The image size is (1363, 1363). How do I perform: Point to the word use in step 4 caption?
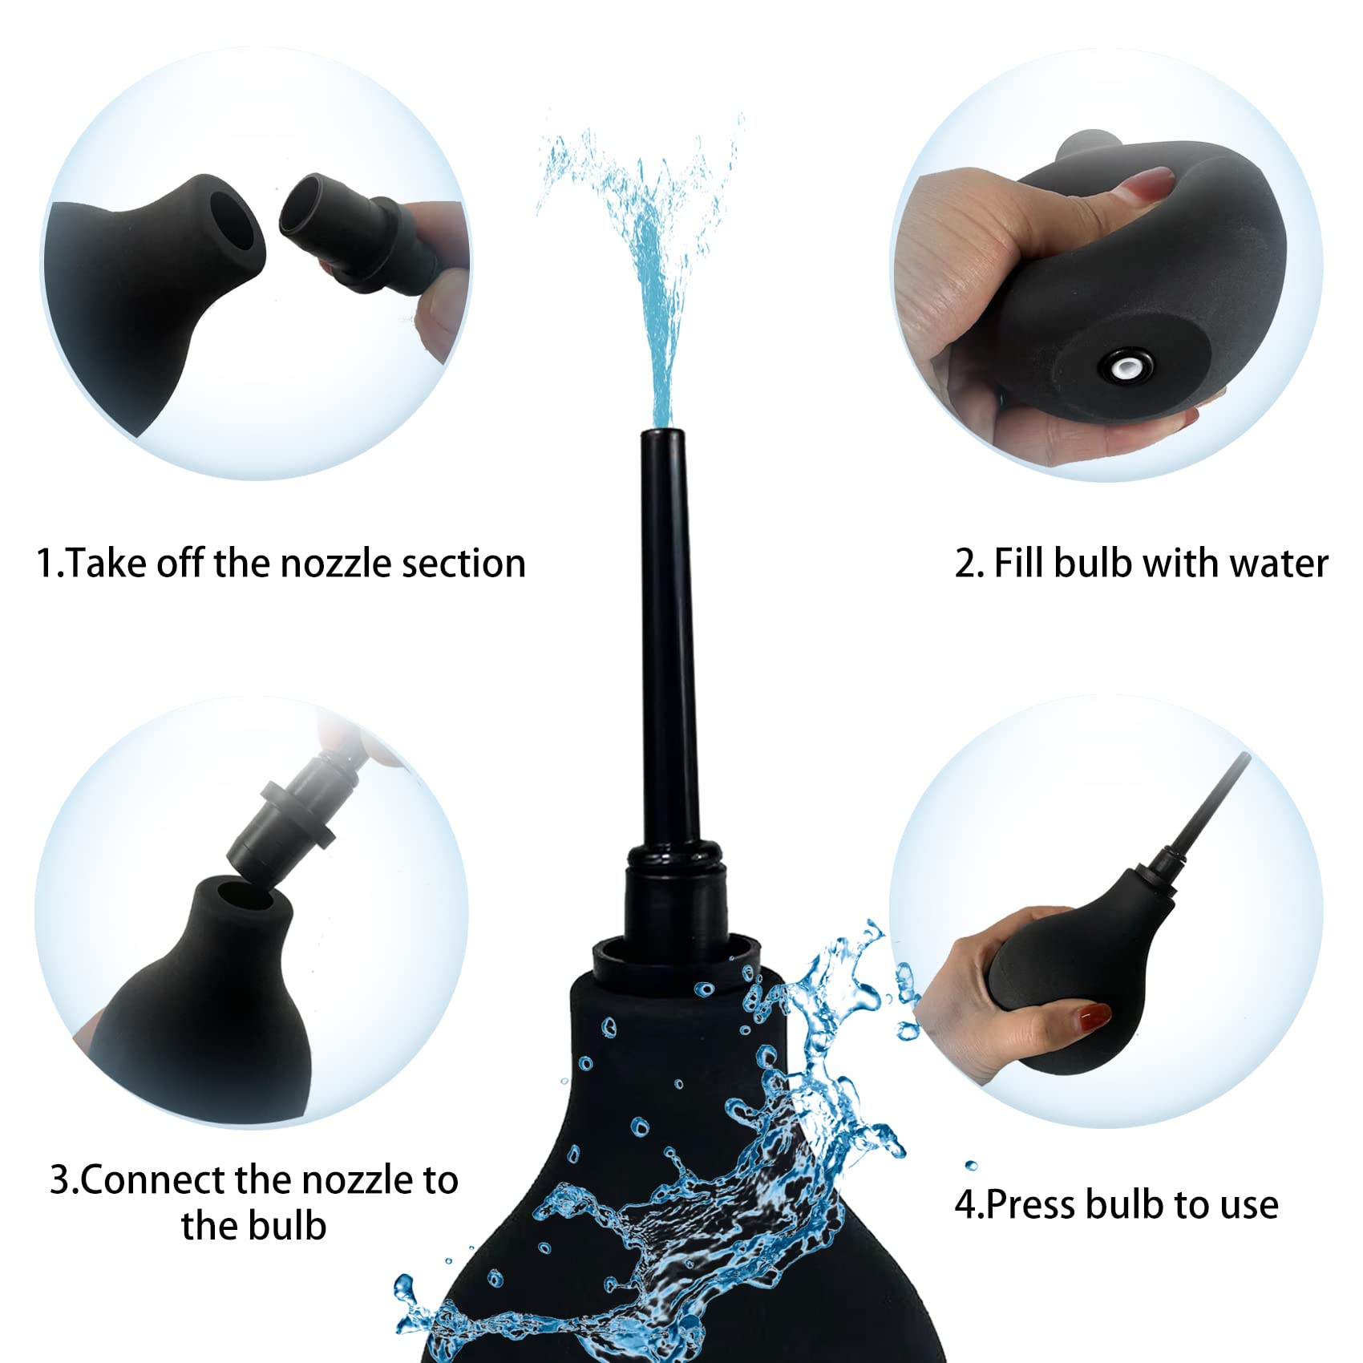(x=1246, y=1204)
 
